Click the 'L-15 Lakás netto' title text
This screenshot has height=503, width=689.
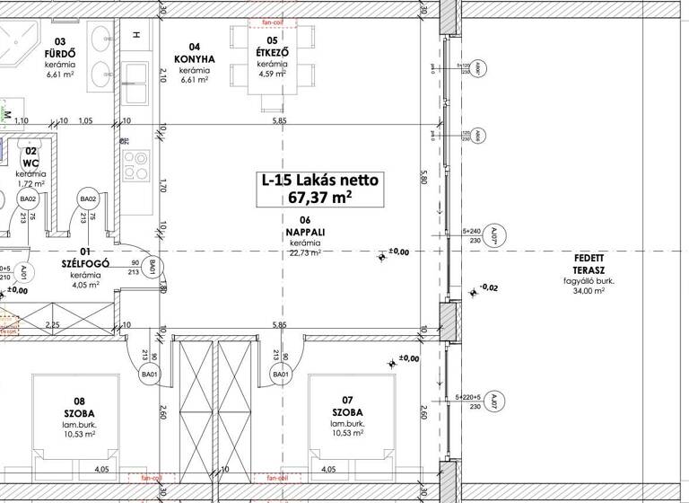click(320, 181)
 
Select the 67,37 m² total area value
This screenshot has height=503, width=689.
click(320, 199)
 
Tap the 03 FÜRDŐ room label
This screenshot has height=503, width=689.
click(65, 47)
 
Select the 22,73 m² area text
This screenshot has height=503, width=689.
click(305, 253)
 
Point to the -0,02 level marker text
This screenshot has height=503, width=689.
click(490, 287)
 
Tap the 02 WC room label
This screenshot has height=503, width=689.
click(31, 157)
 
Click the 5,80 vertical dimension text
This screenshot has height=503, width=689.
click(423, 178)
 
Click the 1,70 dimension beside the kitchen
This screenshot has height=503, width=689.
click(163, 187)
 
